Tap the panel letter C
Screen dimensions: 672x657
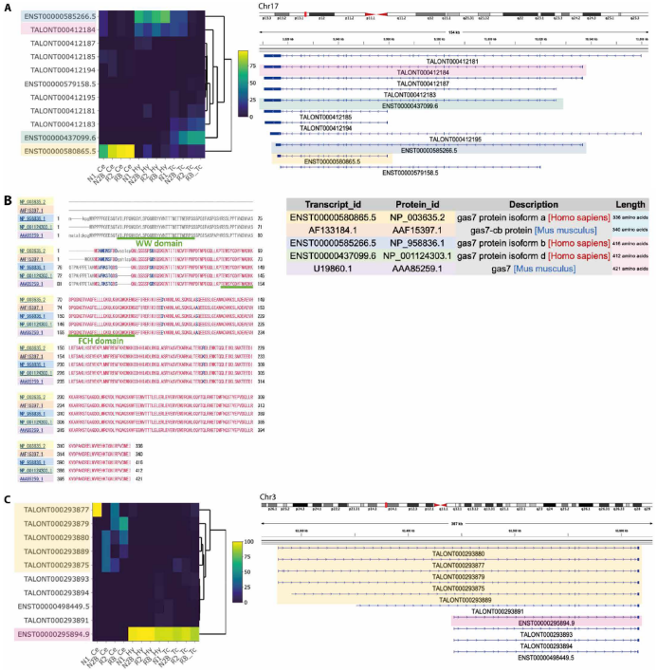click(x=8, y=497)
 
